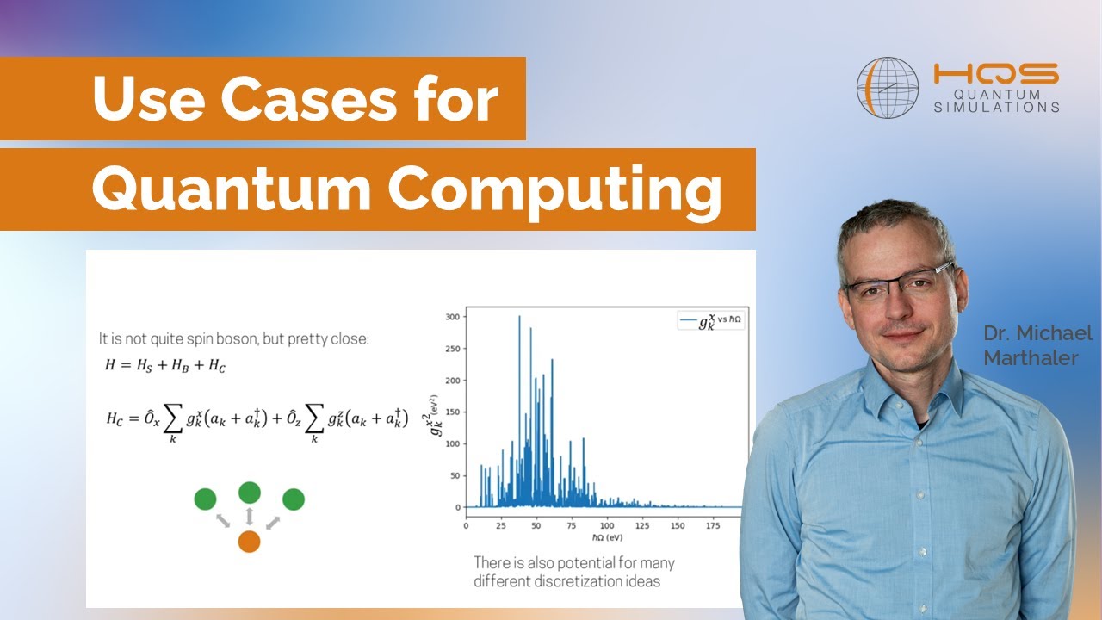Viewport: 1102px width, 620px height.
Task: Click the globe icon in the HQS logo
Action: (x=888, y=88)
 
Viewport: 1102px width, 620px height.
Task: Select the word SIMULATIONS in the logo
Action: (x=997, y=107)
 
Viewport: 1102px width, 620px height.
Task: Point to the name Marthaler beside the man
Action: (x=1031, y=357)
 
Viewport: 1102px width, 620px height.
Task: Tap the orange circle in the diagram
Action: (x=249, y=542)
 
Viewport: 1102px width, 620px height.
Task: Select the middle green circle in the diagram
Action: (x=250, y=493)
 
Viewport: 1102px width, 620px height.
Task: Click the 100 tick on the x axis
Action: (x=607, y=524)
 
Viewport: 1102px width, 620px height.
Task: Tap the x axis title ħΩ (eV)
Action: (x=607, y=536)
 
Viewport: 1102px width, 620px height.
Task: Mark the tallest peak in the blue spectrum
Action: (x=519, y=317)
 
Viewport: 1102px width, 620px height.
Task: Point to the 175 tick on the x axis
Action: (x=714, y=524)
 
